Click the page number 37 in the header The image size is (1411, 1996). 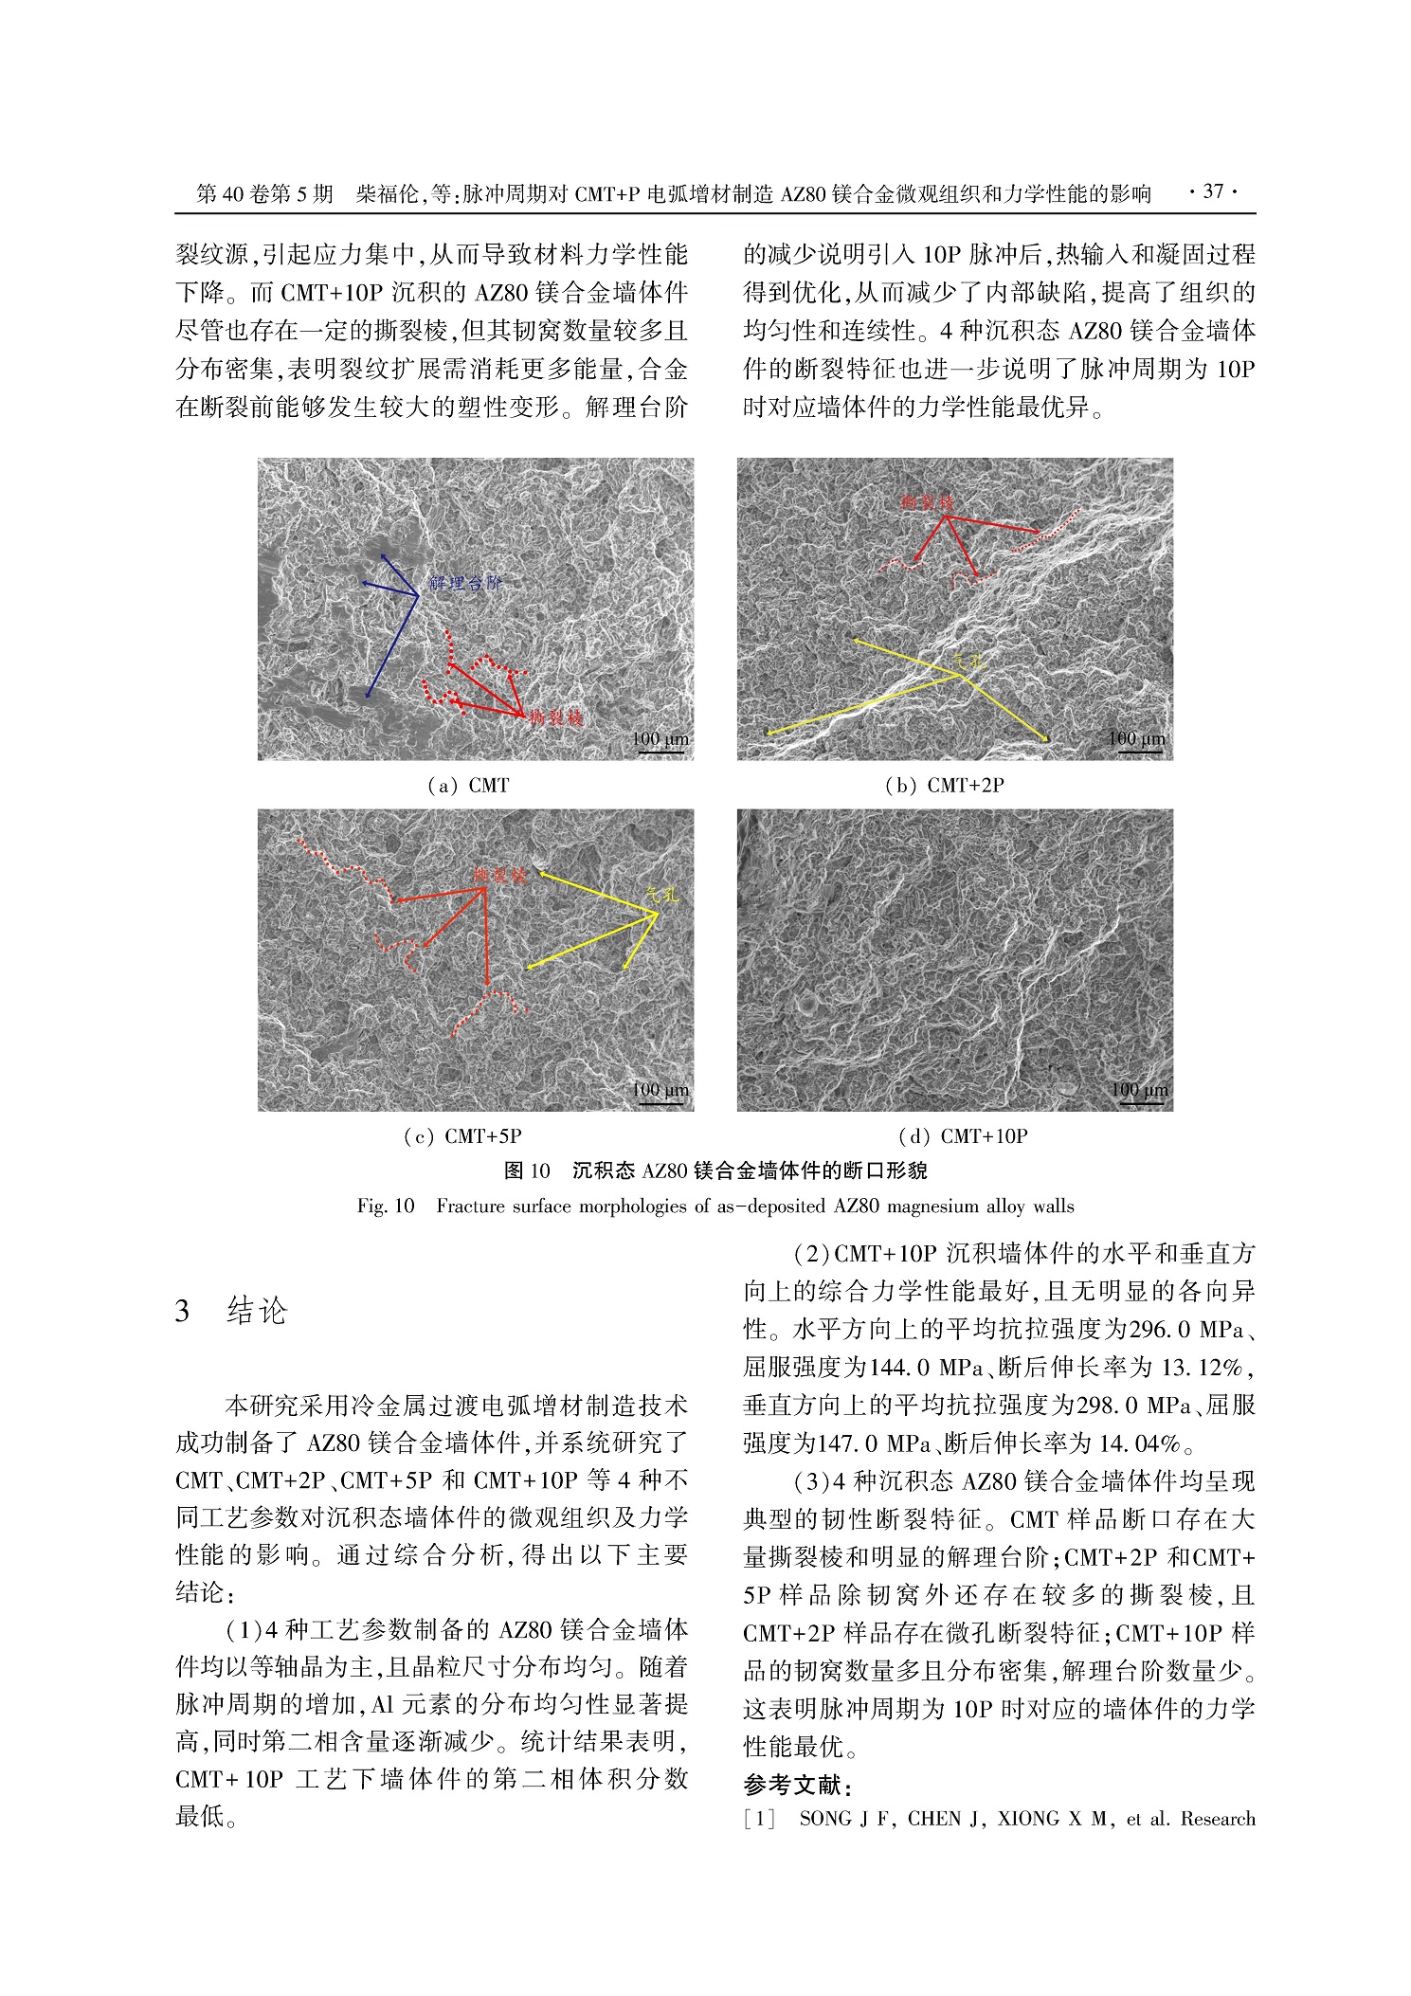[x=1213, y=192]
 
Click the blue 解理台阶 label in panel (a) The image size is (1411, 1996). [x=464, y=583]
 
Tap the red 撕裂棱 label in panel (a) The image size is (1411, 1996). [x=555, y=717]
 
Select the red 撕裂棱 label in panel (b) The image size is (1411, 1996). [x=927, y=503]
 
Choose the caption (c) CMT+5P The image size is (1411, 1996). [x=463, y=1136]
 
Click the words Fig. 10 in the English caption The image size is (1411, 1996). [x=386, y=1207]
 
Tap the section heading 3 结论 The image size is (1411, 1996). [x=231, y=1312]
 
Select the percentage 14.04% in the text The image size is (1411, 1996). [x=1140, y=1443]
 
